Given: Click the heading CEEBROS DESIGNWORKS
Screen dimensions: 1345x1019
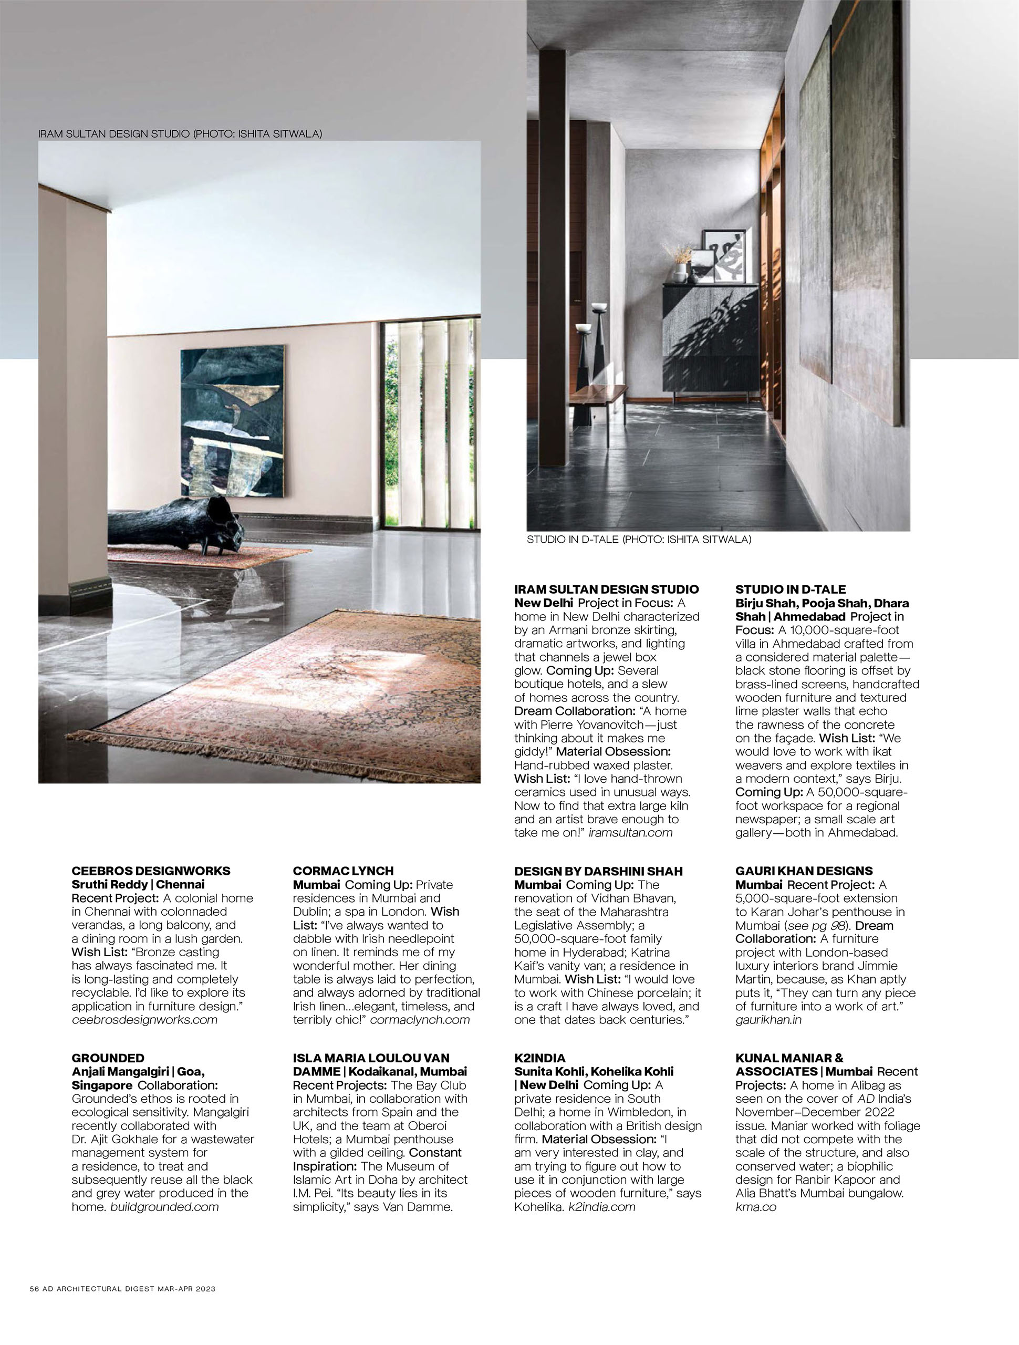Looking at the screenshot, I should pyautogui.click(x=151, y=871).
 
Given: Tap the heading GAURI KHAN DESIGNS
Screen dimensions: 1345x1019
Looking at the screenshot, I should pyautogui.click(x=804, y=871).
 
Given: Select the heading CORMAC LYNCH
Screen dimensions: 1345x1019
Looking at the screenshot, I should pyautogui.click(x=343, y=871).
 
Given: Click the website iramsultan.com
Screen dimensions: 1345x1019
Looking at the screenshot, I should pyautogui.click(x=630, y=832).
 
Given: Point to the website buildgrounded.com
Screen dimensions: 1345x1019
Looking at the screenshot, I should pyautogui.click(x=164, y=1206).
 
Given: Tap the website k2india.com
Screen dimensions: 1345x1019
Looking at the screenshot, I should pyautogui.click(x=601, y=1206).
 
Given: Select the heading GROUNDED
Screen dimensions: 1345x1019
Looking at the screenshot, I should pyautogui.click(x=108, y=1058).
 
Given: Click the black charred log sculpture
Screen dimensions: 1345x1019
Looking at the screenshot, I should pyautogui.click(x=176, y=524).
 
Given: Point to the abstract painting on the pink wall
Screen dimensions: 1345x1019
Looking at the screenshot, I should pyautogui.click(x=232, y=421).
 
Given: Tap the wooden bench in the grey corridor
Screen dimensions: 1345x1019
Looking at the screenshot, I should pyautogui.click(x=598, y=396).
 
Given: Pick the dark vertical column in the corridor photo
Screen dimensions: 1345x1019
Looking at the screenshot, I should pyautogui.click(x=553, y=255).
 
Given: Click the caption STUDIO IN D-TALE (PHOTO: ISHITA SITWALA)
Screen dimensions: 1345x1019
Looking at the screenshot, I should pyautogui.click(x=638, y=540).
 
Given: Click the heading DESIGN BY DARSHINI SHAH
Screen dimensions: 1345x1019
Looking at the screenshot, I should pyautogui.click(x=598, y=871).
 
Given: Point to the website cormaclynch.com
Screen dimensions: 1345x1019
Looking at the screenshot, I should pyautogui.click(x=420, y=1020).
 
